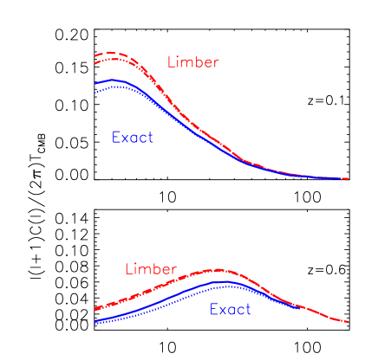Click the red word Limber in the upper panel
pos(192,62)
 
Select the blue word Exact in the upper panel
pos(132,138)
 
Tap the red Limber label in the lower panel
pos(150,269)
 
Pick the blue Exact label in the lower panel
pos(230,310)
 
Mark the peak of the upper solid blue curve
pos(111,80)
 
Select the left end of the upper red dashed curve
pos(95,56)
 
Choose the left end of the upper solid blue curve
pos(95,83)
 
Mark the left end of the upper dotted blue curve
pos(95,91)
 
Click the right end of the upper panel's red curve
pos(348,178)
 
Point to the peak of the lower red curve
pos(218,269)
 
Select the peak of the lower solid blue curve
pos(225,281)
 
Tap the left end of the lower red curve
pos(95,309)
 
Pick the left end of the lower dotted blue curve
pos(95,324)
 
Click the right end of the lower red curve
pos(348,322)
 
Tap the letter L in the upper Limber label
pos(171,62)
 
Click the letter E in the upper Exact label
pos(116,138)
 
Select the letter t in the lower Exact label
pos(248,310)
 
